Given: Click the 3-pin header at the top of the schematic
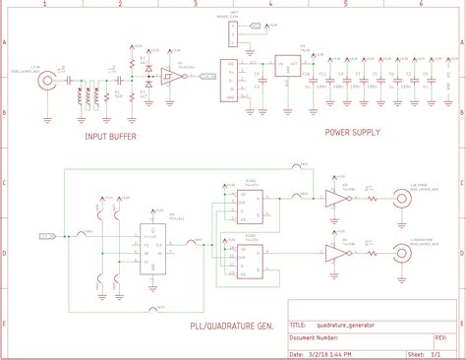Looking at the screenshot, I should (x=232, y=34).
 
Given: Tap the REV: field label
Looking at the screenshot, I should (x=440, y=335).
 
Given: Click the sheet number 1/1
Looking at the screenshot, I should (x=448, y=353).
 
